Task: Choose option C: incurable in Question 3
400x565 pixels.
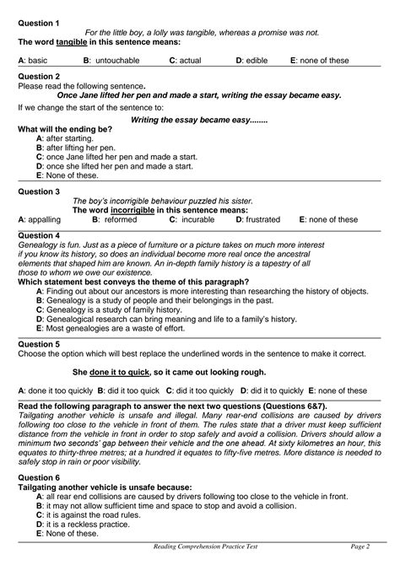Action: tap(200, 219)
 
